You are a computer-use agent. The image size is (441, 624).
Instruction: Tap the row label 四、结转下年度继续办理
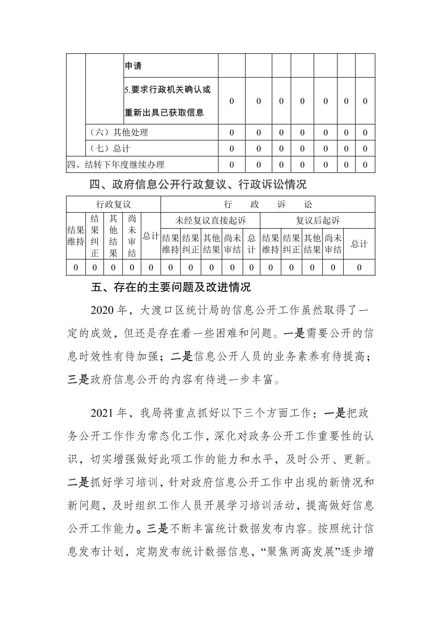coord(116,165)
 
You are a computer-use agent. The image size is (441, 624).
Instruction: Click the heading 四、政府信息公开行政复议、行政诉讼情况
coord(198,185)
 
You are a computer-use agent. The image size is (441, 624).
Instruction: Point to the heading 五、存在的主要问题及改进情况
coord(170,287)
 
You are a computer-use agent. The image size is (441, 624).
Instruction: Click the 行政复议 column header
coord(113,204)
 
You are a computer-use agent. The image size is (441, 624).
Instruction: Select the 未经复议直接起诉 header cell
coord(210,220)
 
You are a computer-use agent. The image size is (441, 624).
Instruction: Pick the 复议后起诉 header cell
coord(318,220)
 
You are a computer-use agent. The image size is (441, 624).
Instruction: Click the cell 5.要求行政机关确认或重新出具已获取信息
coord(168,101)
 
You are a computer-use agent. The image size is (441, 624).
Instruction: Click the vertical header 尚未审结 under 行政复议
coord(132,236)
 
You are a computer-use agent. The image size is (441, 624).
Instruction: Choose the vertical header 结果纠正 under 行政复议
coord(95,236)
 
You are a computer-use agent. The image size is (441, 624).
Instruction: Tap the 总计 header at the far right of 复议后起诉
coord(359,244)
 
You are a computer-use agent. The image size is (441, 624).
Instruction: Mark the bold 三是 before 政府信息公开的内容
coord(78,380)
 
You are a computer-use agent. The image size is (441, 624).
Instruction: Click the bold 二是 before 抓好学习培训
coord(78,483)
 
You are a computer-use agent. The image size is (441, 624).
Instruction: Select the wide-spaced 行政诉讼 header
coord(268,204)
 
